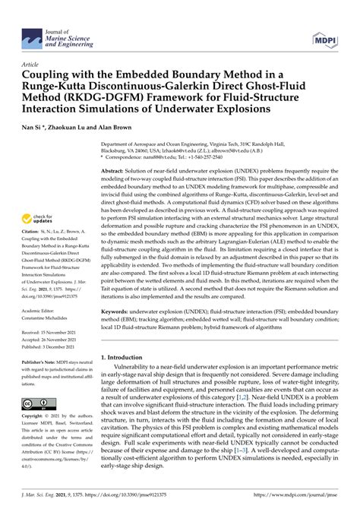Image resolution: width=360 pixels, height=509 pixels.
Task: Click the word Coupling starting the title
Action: (51, 78)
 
